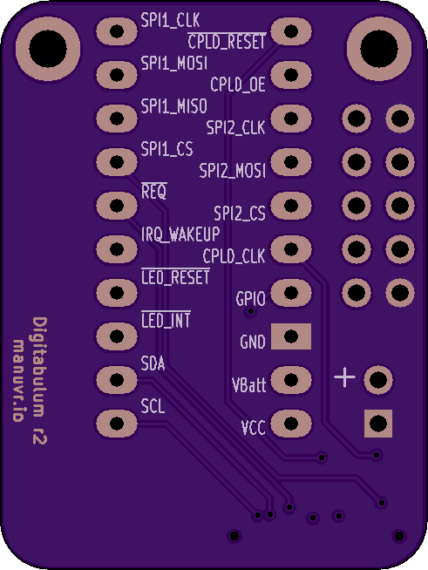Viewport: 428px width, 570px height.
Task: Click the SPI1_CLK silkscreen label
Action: tap(170, 20)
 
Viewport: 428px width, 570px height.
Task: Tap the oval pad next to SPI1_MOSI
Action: tap(117, 75)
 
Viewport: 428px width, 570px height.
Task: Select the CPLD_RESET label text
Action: tap(227, 42)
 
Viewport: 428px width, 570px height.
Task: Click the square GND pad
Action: tap(291, 336)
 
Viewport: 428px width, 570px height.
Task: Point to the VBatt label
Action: tap(249, 385)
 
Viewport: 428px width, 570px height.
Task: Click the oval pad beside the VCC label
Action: tap(291, 424)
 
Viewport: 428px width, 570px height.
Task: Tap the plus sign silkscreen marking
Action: tap(344, 377)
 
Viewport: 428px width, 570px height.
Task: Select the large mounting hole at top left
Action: tap(48, 49)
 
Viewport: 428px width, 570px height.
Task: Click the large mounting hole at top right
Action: tap(379, 49)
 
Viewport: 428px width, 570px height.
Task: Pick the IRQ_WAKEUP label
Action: tap(180, 234)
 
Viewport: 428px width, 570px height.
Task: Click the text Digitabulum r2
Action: tap(40, 381)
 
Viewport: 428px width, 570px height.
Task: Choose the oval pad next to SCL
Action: tap(117, 424)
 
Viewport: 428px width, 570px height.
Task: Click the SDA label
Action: tap(153, 363)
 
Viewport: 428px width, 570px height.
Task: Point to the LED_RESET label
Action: tap(175, 277)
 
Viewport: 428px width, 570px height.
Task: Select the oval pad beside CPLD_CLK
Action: tap(291, 249)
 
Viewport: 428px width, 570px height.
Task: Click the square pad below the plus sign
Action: tap(378, 424)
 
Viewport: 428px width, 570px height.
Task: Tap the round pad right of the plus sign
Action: tap(378, 380)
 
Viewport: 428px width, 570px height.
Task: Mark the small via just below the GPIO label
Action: tap(251, 311)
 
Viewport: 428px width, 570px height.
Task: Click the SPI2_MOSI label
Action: tap(233, 171)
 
